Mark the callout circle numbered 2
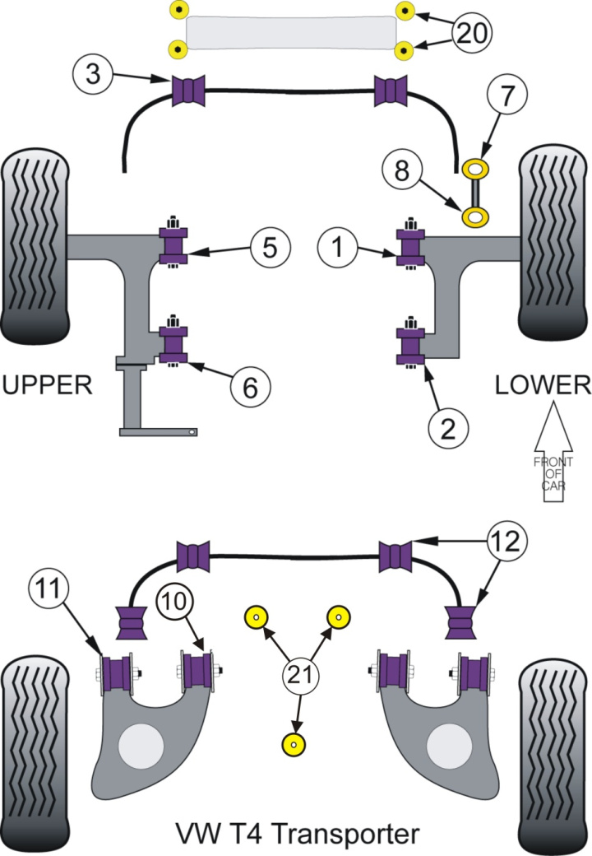[449, 426]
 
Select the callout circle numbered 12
[509, 542]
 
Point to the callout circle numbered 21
[301, 677]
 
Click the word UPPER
[48, 384]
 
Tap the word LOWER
[543, 384]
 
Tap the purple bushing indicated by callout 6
[173, 346]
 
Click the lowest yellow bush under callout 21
[294, 743]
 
